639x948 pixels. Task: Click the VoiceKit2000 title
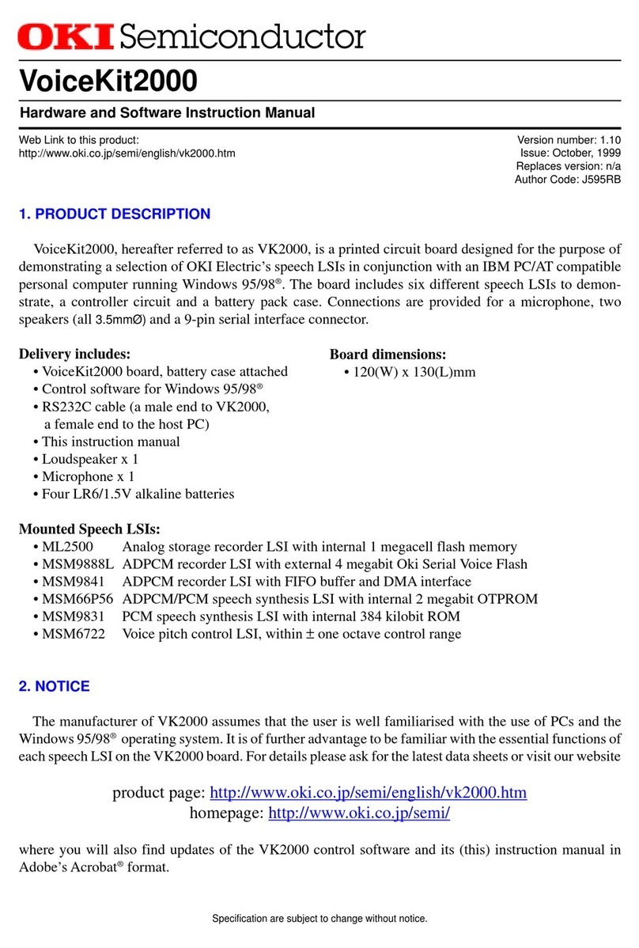pos(108,79)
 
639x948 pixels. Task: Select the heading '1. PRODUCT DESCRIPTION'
pos(115,214)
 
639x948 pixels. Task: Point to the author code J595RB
pos(596,180)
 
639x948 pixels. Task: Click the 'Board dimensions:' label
pos(388,354)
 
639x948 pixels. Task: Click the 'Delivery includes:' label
pos(74,354)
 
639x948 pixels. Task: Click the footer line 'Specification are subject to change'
pos(319,919)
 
